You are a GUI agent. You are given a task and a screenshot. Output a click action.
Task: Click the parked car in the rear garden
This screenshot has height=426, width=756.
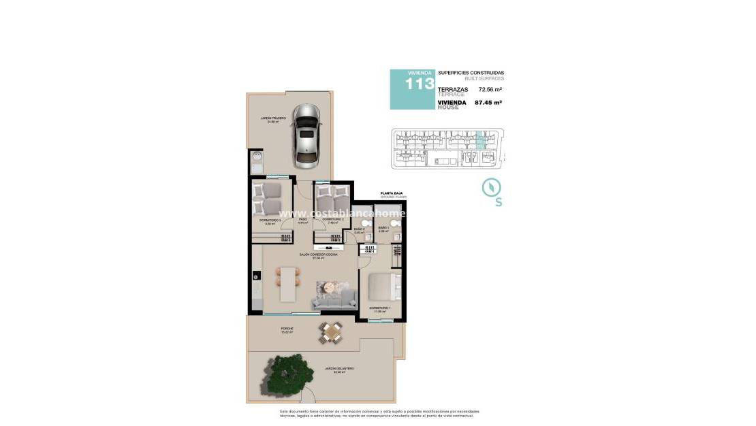[307, 135]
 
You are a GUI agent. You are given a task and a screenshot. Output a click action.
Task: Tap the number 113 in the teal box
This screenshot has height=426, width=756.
[420, 84]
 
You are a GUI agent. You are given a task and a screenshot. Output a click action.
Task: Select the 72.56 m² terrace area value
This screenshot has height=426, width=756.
[490, 89]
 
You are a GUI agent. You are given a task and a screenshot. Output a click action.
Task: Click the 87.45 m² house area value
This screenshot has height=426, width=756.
[488, 103]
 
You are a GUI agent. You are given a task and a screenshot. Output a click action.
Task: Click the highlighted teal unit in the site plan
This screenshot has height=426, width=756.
[481, 140]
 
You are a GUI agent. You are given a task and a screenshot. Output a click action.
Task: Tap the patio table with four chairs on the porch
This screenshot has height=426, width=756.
[332, 332]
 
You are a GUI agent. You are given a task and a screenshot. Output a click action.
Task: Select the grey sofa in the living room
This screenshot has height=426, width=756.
[334, 297]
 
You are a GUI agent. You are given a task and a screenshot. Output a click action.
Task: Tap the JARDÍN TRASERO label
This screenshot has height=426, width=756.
[272, 119]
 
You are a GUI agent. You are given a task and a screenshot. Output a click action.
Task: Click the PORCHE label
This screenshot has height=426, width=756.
[287, 329]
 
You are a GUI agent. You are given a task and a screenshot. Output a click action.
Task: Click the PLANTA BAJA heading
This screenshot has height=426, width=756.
[392, 194]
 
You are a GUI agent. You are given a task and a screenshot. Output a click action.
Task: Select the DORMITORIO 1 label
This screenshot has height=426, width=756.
[379, 308]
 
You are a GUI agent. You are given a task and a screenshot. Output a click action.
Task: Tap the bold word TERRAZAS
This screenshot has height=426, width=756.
[453, 89]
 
